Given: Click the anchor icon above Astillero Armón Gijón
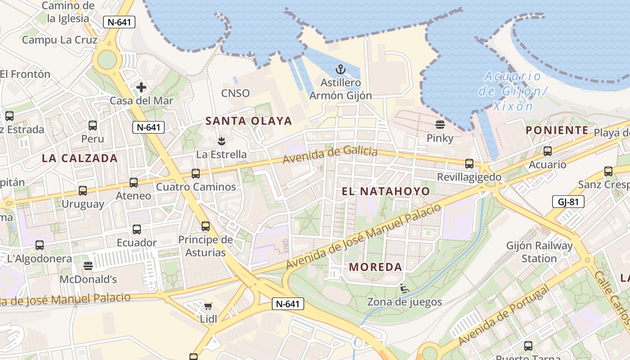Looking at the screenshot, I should pyautogui.click(x=341, y=69).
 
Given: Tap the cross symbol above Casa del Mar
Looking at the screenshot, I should pyautogui.click(x=141, y=87).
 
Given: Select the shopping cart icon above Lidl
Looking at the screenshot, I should pyautogui.click(x=208, y=306).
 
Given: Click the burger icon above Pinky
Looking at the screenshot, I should pyautogui.click(x=440, y=124).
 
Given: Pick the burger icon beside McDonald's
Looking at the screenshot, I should pyautogui.click(x=88, y=266).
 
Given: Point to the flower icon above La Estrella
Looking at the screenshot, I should pyautogui.click(x=221, y=141).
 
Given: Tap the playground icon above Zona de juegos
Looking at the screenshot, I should pyautogui.click(x=404, y=288).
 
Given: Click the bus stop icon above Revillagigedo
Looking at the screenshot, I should pyautogui.click(x=469, y=163).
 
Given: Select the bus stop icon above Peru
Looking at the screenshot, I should pyautogui.click(x=93, y=126).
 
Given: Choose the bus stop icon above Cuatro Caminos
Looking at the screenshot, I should pyautogui.click(x=196, y=173).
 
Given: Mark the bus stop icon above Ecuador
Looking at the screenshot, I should pyautogui.click(x=137, y=229).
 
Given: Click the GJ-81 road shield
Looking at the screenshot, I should pyautogui.click(x=568, y=202).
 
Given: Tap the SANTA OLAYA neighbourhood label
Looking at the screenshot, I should pyautogui.click(x=249, y=121).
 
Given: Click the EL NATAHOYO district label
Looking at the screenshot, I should pyautogui.click(x=386, y=191).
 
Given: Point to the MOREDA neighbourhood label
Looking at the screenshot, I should pyautogui.click(x=375, y=267).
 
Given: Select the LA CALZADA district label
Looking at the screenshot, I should pyautogui.click(x=80, y=158).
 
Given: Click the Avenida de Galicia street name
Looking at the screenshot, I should pyautogui.click(x=330, y=155).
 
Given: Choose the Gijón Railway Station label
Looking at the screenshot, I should pyautogui.click(x=540, y=252).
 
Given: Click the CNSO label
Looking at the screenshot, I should pyautogui.click(x=235, y=93).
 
